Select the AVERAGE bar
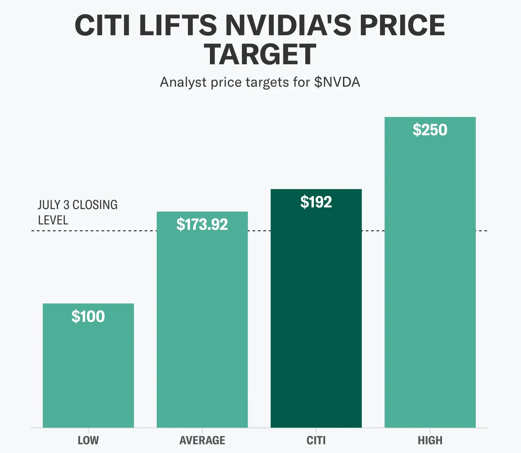(x=202, y=324)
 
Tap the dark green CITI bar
(x=316, y=311)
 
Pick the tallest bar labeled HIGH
(x=430, y=274)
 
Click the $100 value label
(x=88, y=317)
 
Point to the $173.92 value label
(x=202, y=224)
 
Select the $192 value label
(x=316, y=202)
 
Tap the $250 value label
(x=430, y=130)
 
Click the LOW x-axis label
(x=88, y=440)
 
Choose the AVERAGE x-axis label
(x=202, y=440)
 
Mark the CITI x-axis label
(x=316, y=440)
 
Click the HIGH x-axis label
(x=430, y=440)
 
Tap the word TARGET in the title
(x=260, y=55)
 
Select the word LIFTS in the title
(x=178, y=25)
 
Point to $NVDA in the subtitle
(x=337, y=82)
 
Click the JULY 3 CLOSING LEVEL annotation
(x=78, y=212)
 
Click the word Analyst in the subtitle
(x=183, y=82)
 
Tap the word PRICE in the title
(x=402, y=25)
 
